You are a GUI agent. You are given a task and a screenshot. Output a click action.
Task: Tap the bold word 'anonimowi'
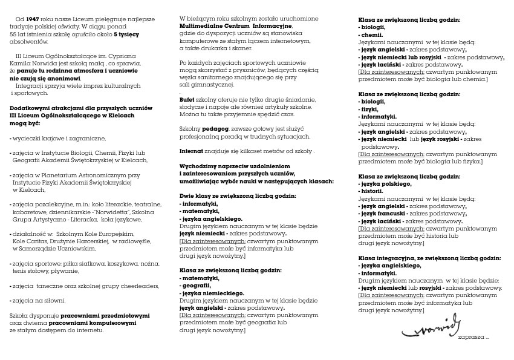tap(66, 78)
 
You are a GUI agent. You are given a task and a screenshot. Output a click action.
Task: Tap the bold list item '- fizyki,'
tap(369, 110)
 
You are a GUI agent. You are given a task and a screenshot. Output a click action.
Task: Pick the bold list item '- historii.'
tap(371, 190)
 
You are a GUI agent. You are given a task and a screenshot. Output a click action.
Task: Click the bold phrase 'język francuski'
tap(381, 214)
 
